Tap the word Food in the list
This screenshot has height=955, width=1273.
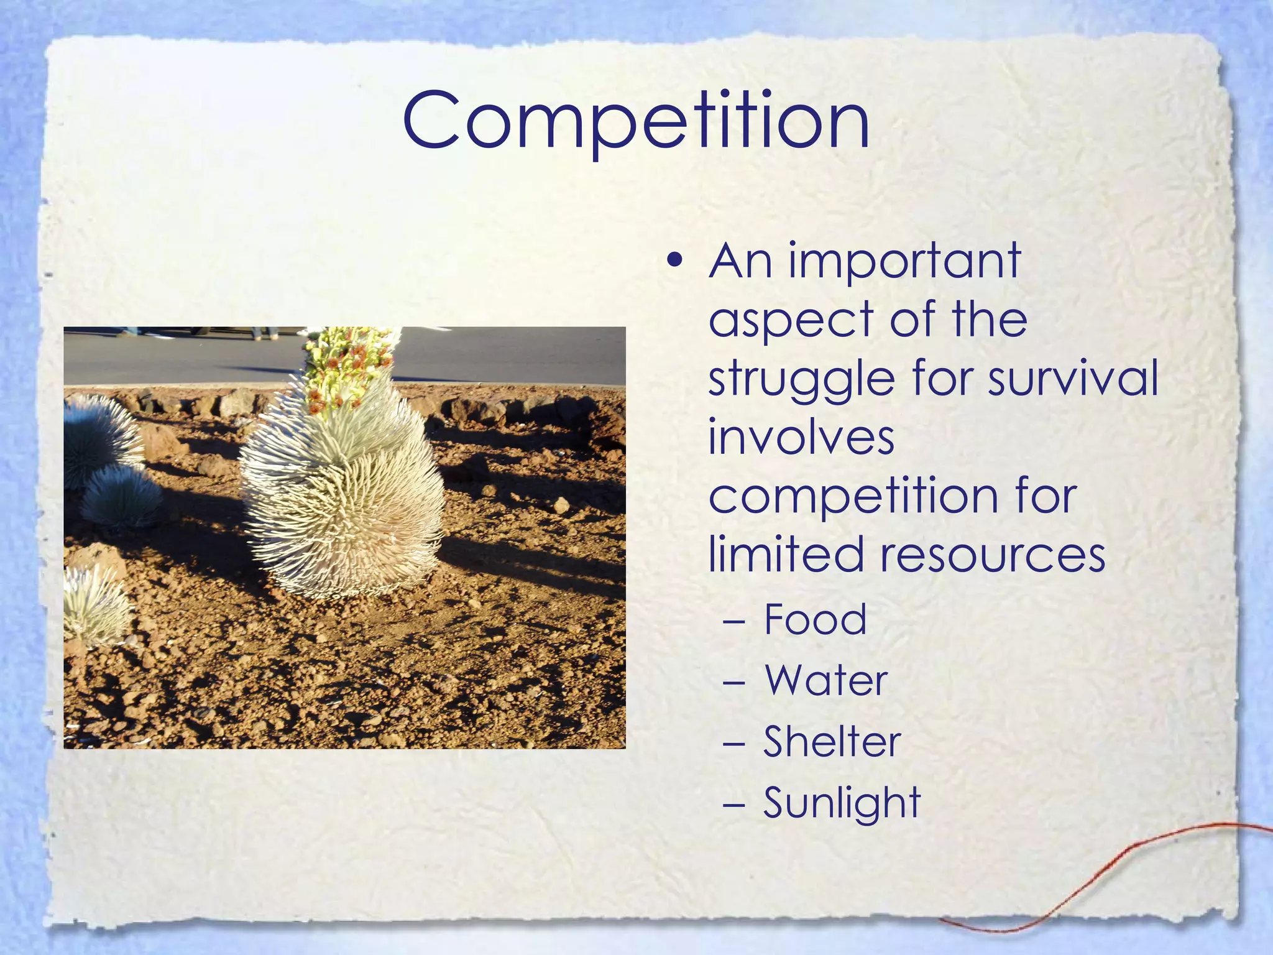click(815, 619)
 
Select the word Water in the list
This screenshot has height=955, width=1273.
click(826, 680)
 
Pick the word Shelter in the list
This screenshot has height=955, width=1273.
click(832, 741)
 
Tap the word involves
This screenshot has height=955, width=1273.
click(801, 436)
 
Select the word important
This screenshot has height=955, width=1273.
click(905, 261)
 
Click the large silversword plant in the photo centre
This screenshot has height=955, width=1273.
click(342, 491)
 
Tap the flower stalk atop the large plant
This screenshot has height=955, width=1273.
click(348, 367)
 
